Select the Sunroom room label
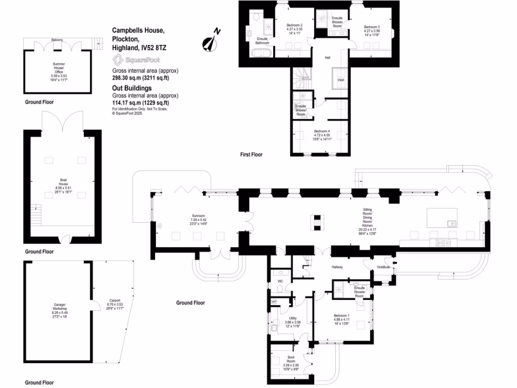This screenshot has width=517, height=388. pos(198,218)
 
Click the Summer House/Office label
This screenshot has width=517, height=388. pos(59,70)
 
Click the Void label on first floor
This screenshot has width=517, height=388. pos(340,80)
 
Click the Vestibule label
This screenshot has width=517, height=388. pos(383,267)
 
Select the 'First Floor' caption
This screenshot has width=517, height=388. pos(251,155)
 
